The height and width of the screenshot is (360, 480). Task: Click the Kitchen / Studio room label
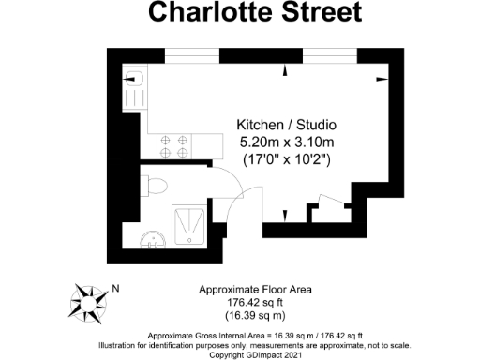(286, 126)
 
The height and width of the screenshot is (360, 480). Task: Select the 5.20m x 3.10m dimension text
(286, 142)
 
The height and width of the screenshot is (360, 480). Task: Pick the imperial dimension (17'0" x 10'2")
(286, 159)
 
